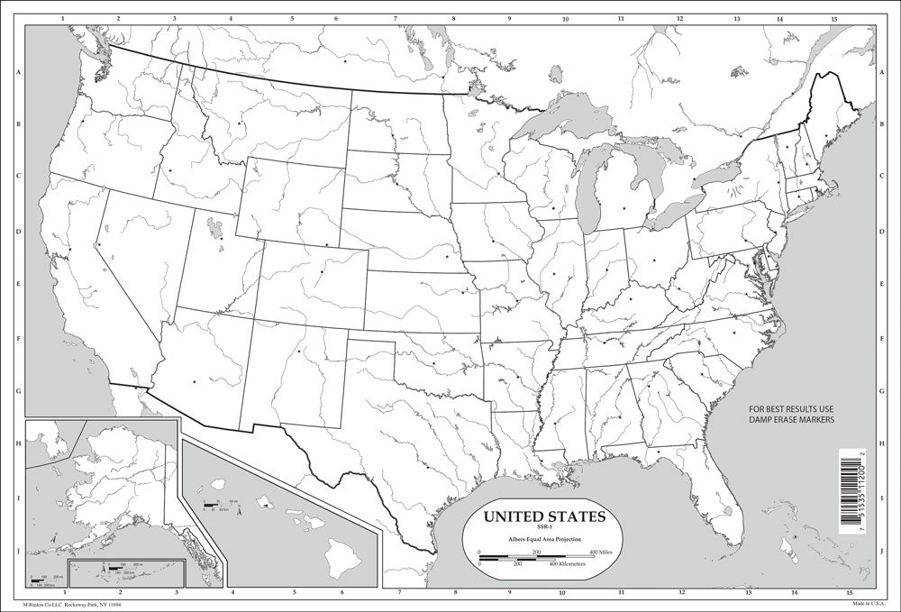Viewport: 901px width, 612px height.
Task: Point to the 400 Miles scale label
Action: click(x=605, y=551)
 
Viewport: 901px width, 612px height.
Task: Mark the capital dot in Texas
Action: click(x=425, y=467)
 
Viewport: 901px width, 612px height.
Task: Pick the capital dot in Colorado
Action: click(x=322, y=271)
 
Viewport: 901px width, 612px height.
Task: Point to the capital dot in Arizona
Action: click(x=194, y=382)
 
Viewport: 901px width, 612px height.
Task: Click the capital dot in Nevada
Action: click(x=99, y=244)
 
